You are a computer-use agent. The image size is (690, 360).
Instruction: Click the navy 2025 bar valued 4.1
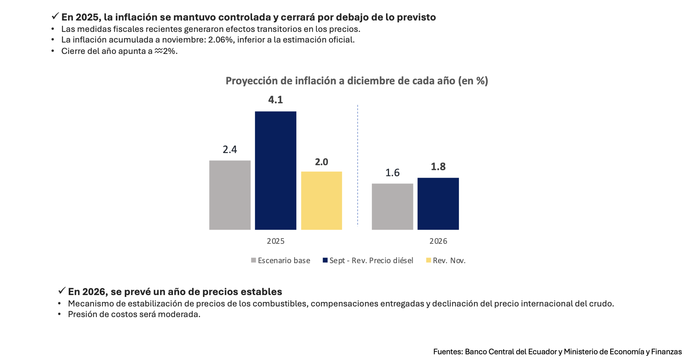click(x=276, y=171)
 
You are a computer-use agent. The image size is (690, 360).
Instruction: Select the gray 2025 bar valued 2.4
click(x=230, y=195)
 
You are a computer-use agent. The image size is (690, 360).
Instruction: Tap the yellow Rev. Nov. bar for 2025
click(x=321, y=201)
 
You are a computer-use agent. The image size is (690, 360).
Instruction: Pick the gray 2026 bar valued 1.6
click(x=392, y=207)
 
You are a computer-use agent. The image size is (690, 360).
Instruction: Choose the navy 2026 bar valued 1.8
click(x=438, y=204)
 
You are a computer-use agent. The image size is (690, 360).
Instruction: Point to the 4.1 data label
click(x=276, y=100)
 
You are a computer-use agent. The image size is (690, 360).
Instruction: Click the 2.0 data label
click(x=321, y=162)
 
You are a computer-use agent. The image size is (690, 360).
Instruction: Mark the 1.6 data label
click(x=392, y=173)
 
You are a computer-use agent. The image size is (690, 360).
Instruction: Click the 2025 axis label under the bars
click(x=276, y=241)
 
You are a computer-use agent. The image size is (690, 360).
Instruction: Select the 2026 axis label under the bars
click(x=438, y=241)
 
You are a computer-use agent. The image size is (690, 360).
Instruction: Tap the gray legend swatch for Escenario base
click(x=254, y=260)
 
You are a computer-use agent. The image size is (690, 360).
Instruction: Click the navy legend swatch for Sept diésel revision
click(x=325, y=260)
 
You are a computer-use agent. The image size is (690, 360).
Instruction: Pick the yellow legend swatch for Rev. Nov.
click(x=428, y=260)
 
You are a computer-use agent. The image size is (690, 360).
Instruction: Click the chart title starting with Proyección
click(x=357, y=81)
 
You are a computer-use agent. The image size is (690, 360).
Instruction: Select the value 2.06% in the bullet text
click(x=220, y=40)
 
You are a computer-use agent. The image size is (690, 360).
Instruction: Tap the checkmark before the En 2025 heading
click(x=55, y=16)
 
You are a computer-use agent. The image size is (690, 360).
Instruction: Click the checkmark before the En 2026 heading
click(x=62, y=291)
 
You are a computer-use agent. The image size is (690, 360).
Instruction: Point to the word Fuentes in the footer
click(x=448, y=352)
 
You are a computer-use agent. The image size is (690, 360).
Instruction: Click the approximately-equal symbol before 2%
click(x=159, y=51)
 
